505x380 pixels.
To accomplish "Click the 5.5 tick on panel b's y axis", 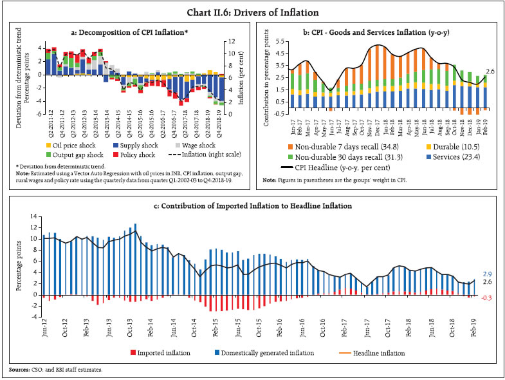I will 279,41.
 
